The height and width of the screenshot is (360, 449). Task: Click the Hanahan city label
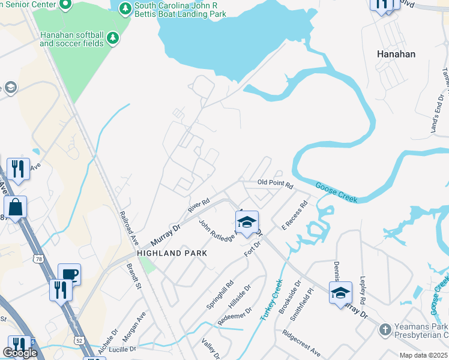point(396,53)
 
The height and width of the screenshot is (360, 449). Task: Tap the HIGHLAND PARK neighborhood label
point(172,253)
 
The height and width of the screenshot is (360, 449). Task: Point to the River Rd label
point(198,206)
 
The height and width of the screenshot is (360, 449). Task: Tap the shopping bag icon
point(16,207)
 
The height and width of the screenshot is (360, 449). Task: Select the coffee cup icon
point(69,274)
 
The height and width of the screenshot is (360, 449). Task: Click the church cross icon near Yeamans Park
point(385,329)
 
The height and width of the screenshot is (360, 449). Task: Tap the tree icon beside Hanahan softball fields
point(112,39)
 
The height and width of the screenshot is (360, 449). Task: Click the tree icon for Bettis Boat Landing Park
point(125,8)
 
